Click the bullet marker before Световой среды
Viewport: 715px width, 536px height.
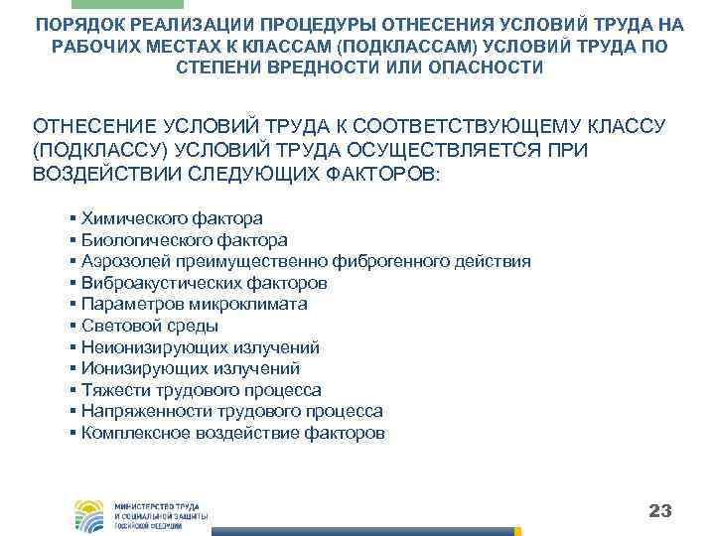coord(74,327)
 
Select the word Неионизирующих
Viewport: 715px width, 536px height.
coord(145,347)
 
